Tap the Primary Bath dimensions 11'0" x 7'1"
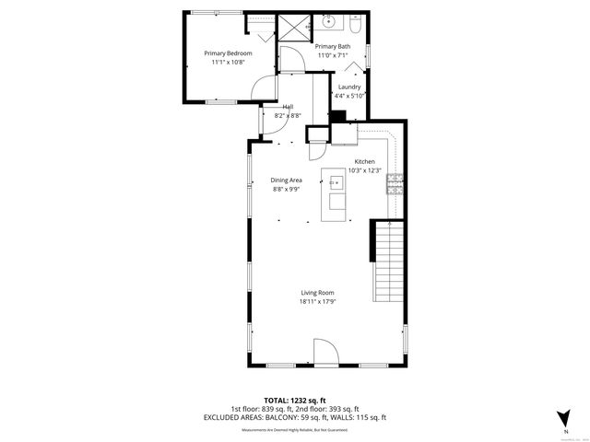click(332, 55)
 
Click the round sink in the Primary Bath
click(328, 21)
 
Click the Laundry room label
click(349, 87)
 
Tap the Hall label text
click(288, 106)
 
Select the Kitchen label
click(364, 161)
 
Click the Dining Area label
click(287, 180)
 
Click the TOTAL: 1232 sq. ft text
click(295, 401)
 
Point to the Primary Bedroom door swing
click(265, 89)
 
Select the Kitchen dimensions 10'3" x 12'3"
click(364, 170)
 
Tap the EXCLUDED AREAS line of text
click(295, 417)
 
